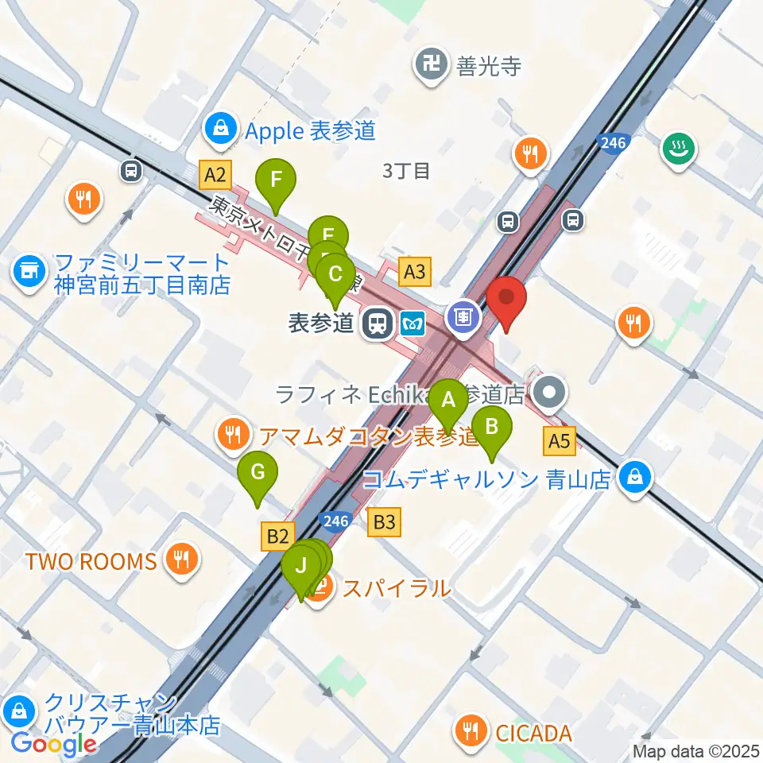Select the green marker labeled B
click(x=492, y=428)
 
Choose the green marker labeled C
click(x=335, y=276)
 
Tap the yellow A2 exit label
click(x=215, y=174)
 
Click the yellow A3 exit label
click(x=415, y=273)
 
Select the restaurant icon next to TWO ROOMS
click(x=182, y=560)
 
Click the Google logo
click(x=53, y=744)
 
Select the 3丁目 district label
click(x=405, y=169)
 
